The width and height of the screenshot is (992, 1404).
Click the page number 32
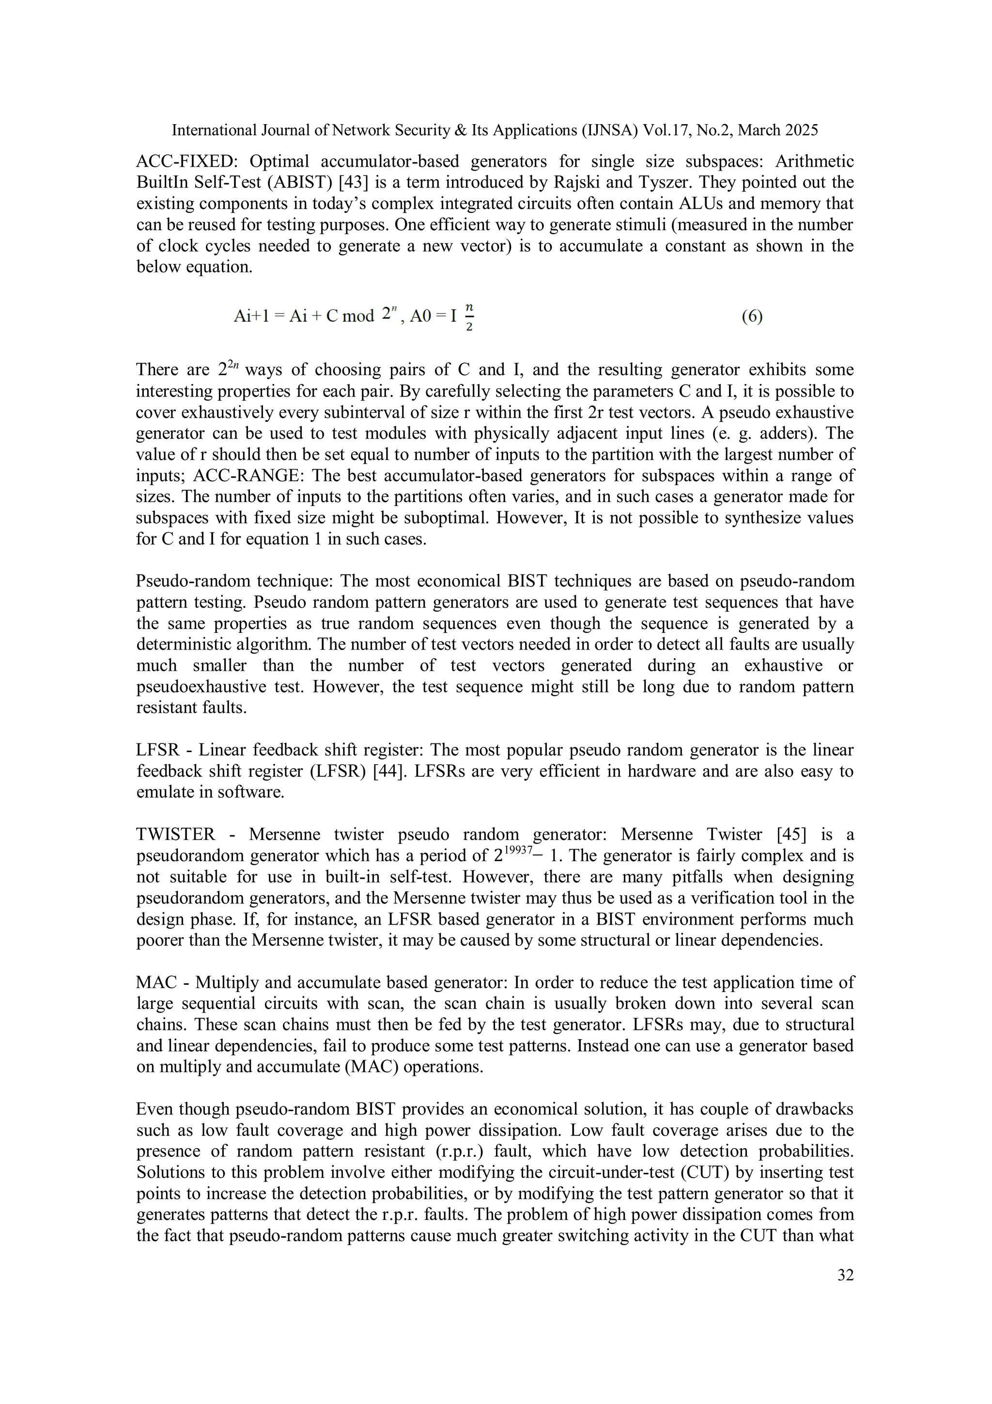845,1276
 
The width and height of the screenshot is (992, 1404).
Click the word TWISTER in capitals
175,835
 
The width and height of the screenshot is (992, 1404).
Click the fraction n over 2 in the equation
469,317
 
